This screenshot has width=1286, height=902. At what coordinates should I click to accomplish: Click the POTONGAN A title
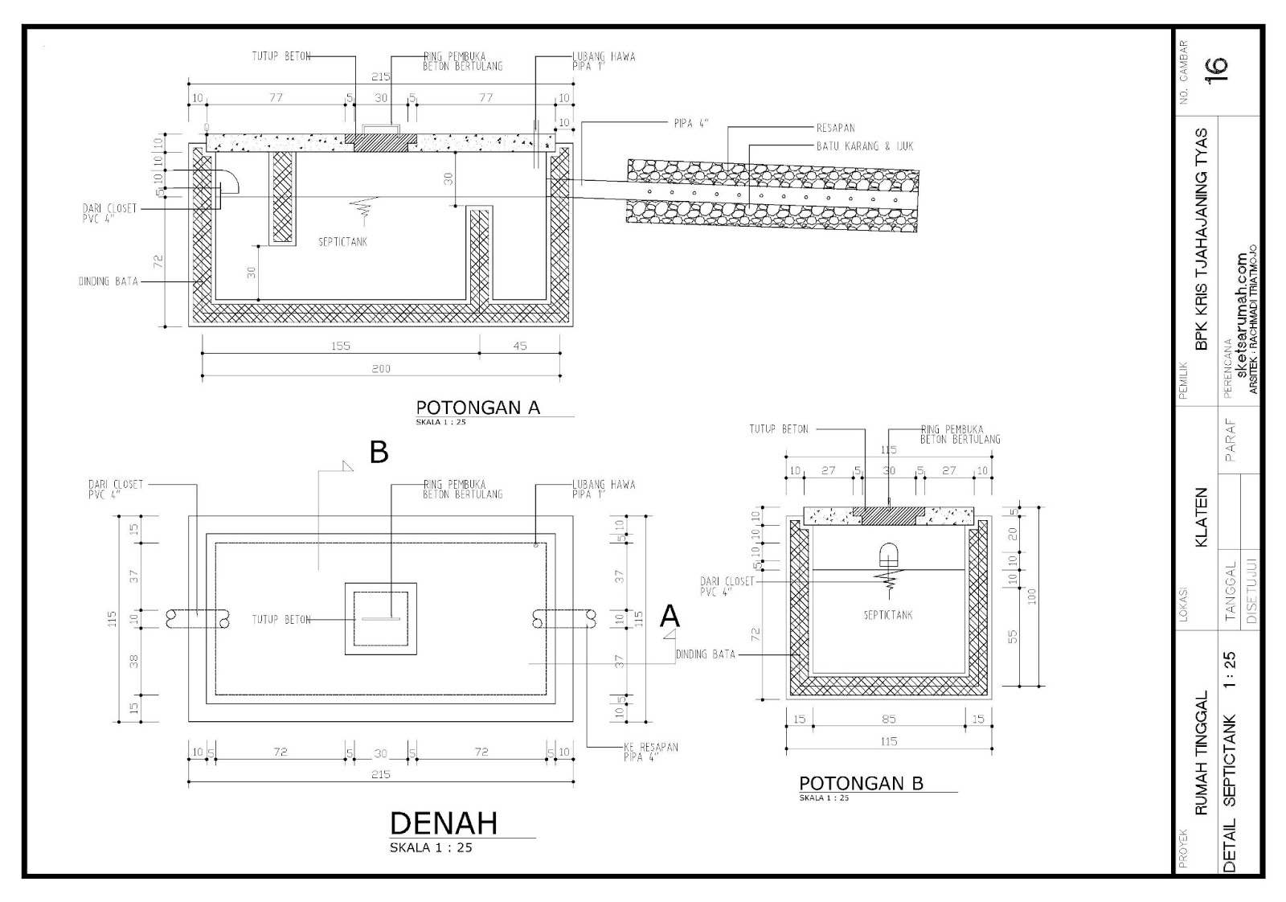477,407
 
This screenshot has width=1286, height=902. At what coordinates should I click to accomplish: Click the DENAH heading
443,823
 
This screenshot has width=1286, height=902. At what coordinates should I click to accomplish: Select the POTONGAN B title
860,783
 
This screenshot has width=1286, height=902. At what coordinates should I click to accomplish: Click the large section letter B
379,453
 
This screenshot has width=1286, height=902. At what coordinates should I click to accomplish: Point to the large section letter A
669,617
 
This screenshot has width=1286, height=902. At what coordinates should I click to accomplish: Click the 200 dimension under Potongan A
381,369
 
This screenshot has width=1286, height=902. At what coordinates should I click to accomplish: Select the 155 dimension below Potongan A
340,346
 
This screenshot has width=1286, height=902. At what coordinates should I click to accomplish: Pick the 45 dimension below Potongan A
519,346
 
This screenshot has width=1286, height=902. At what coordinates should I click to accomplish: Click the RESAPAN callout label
835,128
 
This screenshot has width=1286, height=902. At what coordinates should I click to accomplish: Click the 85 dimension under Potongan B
888,719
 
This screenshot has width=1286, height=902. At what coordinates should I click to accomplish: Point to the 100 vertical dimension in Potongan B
1032,596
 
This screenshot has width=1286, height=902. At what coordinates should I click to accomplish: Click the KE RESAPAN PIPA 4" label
650,752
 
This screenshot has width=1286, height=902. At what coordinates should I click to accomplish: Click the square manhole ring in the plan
381,618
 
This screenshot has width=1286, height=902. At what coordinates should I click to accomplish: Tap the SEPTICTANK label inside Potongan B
888,615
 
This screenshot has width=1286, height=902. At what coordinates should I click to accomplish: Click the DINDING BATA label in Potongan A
108,281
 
